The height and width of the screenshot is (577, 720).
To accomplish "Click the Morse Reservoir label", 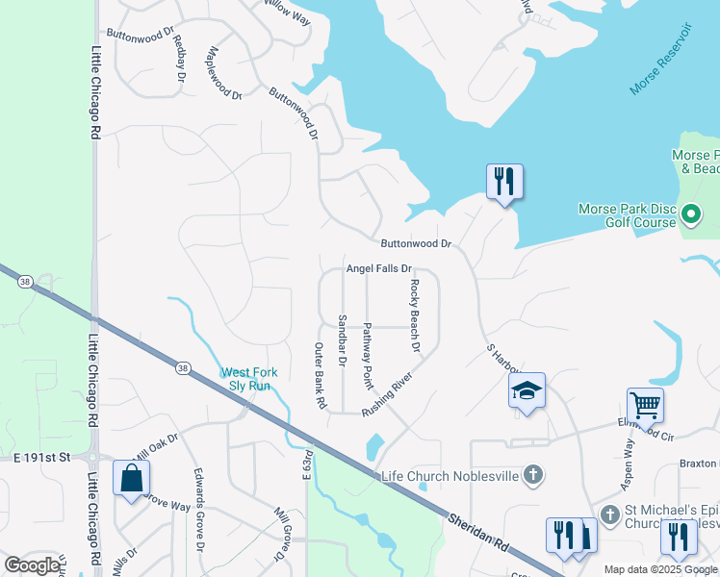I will click(x=661, y=60).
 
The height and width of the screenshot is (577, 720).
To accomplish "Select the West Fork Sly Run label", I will click(x=246, y=379).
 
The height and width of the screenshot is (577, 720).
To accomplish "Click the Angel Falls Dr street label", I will click(x=378, y=269).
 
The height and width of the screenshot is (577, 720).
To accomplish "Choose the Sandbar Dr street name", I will click(x=342, y=339).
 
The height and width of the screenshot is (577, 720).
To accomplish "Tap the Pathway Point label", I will click(x=367, y=355).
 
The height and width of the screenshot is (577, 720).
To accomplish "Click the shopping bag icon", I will click(x=131, y=477).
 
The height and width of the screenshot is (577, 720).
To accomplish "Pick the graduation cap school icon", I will click(x=527, y=389).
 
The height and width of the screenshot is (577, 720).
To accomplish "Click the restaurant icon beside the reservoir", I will click(x=504, y=180).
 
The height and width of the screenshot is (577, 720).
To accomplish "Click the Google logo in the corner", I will click(x=33, y=565).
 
